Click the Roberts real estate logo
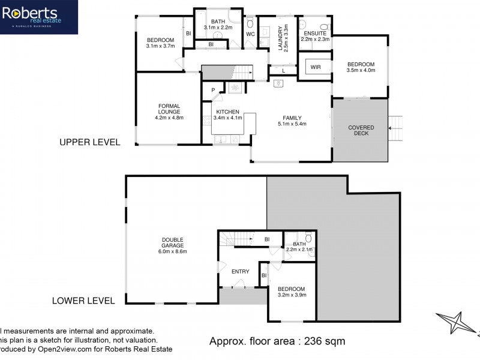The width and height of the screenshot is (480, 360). click(38, 16)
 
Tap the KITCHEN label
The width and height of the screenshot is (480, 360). click(228, 112)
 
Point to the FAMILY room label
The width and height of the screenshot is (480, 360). click(292, 118)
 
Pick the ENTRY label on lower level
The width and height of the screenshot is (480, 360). click(240, 272)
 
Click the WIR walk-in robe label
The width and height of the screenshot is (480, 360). click(316, 67)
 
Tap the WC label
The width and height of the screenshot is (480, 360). click(251, 34)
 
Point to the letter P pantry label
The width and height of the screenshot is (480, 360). click(213, 90)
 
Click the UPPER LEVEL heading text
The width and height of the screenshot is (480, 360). click(89, 143)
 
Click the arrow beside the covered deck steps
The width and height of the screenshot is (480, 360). click(394, 127)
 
